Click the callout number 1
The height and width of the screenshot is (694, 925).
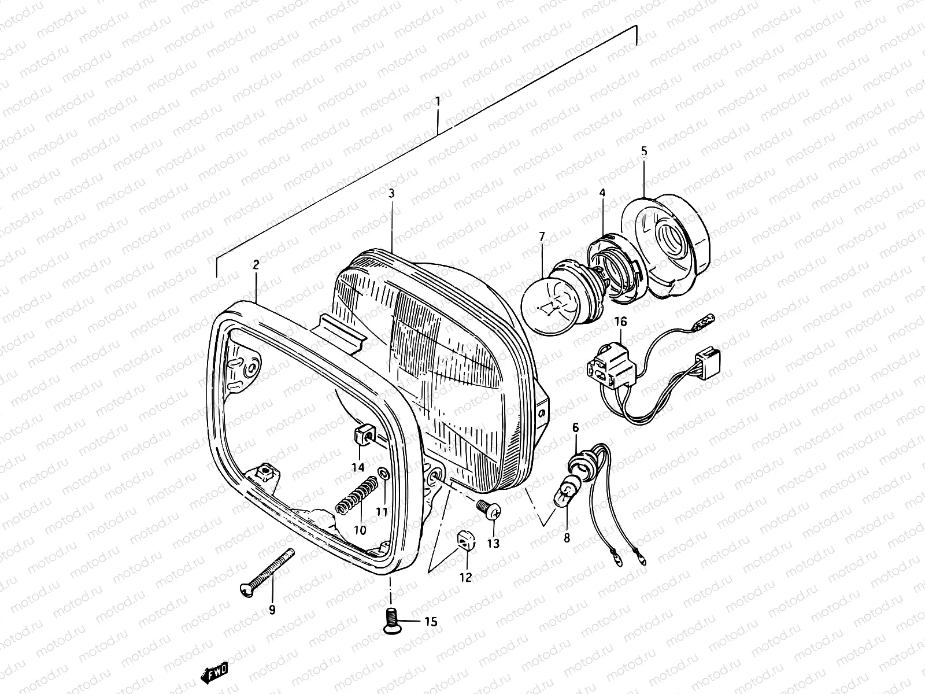pos(438,102)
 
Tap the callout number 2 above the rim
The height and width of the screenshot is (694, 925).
pos(256,265)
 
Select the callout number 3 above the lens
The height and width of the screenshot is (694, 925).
pos(391,193)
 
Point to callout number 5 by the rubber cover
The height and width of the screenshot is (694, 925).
pos(644,152)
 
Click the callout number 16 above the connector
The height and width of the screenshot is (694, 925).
pos(620,322)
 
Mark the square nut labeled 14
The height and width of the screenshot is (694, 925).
pos(361,434)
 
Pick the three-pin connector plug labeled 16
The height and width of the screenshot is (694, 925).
pos(604,366)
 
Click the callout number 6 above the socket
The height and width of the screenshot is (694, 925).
pos(575,427)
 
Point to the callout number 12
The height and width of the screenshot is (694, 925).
pos(465,577)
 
